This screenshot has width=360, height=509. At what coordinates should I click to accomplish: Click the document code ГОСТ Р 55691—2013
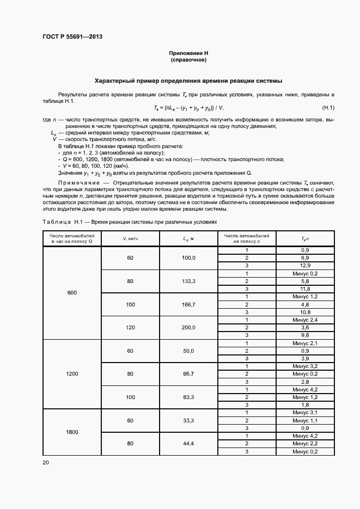point(72,36)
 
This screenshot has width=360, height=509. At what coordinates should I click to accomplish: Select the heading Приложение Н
point(188,53)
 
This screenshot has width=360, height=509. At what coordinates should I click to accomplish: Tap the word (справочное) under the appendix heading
point(188,60)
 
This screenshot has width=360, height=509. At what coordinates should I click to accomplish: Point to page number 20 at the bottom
point(45,462)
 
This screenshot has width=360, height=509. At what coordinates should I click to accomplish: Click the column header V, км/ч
point(130,238)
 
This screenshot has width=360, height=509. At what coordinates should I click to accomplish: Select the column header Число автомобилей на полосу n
point(247,238)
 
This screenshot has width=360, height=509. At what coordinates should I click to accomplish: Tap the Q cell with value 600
point(72,292)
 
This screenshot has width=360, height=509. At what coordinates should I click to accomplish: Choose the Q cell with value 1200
point(72,374)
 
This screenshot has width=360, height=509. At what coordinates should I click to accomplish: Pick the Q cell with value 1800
point(72,432)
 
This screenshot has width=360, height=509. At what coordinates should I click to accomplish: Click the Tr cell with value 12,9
point(305,265)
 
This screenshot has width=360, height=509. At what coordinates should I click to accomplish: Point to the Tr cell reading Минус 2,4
point(305,320)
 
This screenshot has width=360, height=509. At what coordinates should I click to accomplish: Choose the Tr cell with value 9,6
point(305,335)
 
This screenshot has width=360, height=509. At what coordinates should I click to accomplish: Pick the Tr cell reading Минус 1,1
point(305,420)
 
